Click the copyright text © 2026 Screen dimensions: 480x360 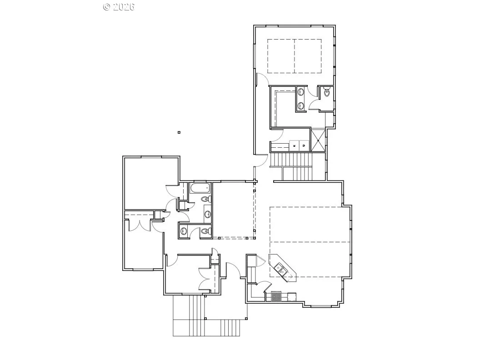[119, 7]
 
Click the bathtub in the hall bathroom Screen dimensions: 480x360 [200, 188]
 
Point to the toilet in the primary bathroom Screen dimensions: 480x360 [327, 91]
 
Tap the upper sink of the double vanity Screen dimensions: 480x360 [301, 92]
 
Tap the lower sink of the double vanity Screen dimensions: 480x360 [301, 106]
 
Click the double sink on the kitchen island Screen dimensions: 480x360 [281, 269]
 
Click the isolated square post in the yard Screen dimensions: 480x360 [179, 133]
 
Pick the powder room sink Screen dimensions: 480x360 [184, 231]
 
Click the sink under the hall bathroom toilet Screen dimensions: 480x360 [208, 214]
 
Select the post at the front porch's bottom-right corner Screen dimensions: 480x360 [246, 319]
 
